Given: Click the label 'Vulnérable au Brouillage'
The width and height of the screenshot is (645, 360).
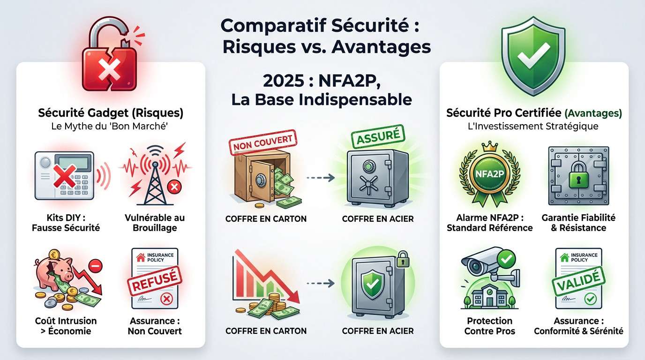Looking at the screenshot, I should point(154,223).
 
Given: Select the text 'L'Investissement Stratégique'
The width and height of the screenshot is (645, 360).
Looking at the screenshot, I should point(534,126).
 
